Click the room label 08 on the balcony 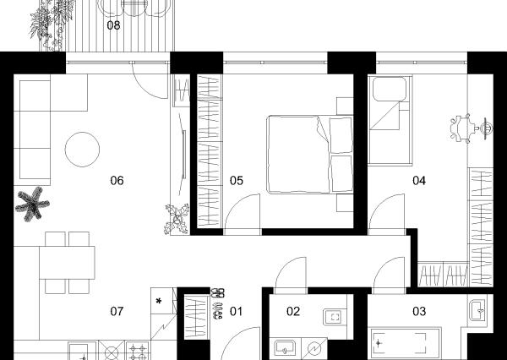113,25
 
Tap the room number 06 117,181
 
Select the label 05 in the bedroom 237,181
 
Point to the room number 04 419,181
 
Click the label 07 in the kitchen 117,311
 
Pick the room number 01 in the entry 236,311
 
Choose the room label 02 293,311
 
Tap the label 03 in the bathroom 419,311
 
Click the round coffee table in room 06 82,150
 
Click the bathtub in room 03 405,343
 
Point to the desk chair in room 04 461,128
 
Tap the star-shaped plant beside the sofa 32,204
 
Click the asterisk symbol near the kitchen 159,302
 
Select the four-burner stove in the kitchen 138,351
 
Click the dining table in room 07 68,263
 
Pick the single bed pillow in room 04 390,89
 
